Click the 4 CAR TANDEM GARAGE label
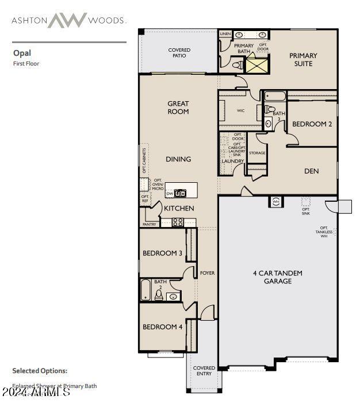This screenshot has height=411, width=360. click(278, 277)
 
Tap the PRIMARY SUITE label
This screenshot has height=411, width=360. click(303, 59)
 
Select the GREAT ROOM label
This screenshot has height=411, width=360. click(178, 107)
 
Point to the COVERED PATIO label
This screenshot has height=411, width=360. click(179, 53)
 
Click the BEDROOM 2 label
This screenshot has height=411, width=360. click(312, 124)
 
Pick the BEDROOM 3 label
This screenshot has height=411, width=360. click(163, 253)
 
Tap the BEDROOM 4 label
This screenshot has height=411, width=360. click(163, 327)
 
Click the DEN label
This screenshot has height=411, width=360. click(312, 171)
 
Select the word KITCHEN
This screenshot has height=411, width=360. click(179, 208)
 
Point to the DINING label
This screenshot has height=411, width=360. click(178, 159)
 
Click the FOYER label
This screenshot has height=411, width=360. click(208, 273)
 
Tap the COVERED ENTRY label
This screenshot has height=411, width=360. click(204, 371)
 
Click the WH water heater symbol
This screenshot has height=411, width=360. click(275, 202)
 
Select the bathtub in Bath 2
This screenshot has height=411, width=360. click(146, 291)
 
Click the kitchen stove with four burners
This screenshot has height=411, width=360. click(178, 222)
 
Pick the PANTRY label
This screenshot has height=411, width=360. click(149, 225)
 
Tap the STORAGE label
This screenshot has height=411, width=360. click(257, 153)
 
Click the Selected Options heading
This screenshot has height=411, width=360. click(40, 371)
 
